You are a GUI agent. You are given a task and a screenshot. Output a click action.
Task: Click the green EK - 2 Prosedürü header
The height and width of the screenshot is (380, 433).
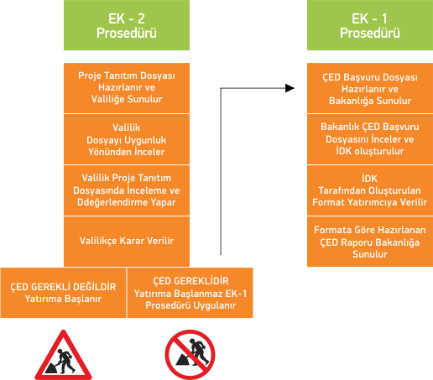point(127,25)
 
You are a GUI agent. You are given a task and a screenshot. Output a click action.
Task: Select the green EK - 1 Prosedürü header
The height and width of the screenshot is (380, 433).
point(370,25)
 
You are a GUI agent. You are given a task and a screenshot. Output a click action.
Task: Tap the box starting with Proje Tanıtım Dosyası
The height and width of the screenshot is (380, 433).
point(127,88)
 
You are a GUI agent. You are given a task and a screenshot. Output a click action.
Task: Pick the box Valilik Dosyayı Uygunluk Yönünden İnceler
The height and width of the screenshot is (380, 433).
point(127,139)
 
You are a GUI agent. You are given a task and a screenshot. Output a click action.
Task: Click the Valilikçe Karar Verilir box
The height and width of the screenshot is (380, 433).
point(127,242)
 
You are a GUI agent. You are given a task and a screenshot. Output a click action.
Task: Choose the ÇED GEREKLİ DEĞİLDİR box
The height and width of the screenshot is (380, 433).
point(63,293)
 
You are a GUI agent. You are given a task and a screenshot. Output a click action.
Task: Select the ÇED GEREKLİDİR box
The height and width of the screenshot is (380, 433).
point(190,293)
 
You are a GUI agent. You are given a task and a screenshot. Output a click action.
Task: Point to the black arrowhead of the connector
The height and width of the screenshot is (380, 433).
point(290,88)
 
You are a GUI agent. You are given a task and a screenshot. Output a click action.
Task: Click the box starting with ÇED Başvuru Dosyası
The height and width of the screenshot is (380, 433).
point(370,88)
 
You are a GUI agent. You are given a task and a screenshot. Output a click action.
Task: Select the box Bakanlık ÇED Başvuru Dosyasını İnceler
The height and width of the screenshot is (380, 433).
point(370,139)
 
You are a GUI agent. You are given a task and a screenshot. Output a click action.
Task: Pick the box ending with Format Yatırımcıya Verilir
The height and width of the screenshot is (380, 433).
point(370,190)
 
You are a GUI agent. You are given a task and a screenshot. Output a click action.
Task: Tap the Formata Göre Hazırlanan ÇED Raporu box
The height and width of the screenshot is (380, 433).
point(370,242)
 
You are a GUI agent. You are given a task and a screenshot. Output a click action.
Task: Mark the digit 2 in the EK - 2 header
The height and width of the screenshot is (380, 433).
point(141,18)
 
